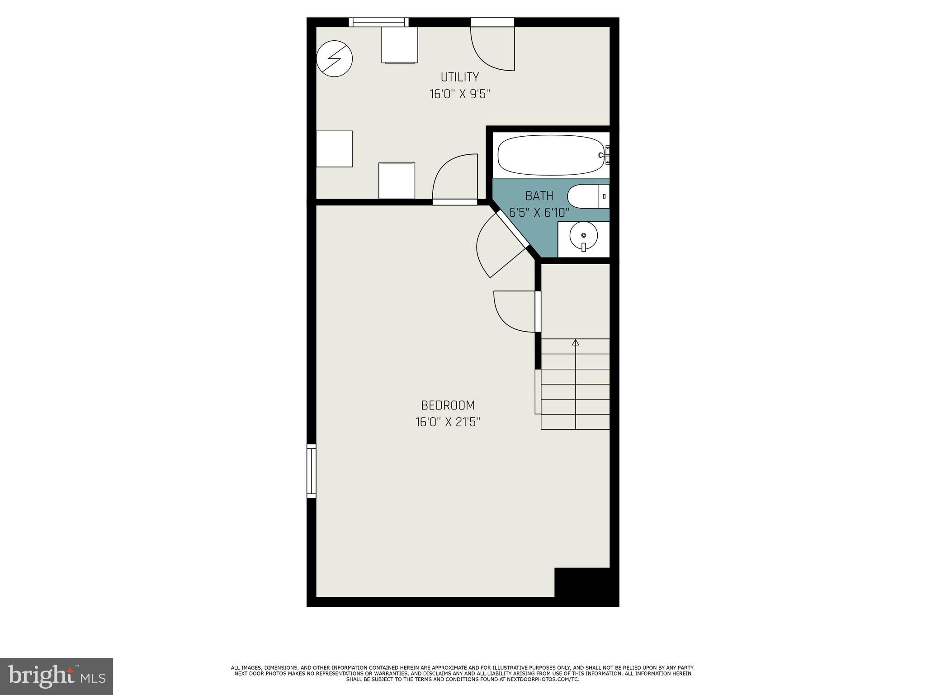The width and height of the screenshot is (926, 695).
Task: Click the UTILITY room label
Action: point(459,77)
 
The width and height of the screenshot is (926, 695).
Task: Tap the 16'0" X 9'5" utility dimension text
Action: point(459,94)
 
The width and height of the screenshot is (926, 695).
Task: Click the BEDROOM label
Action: point(448,405)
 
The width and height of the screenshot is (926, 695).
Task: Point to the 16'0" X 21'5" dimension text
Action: point(448,422)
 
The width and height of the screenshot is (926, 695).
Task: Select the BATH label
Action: point(539,196)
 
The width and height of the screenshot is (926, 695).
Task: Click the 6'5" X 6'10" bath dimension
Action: point(539,213)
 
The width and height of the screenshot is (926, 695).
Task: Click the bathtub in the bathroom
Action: point(551,156)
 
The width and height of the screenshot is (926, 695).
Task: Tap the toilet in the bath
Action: point(587,196)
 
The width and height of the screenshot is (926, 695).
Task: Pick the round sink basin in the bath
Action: point(583,236)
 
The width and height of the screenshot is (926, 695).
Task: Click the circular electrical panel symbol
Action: point(334,59)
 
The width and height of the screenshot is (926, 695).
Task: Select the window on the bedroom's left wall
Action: point(311,471)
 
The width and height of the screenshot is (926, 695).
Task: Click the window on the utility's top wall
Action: point(378,22)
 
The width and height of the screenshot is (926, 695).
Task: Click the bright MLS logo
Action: point(56,676)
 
